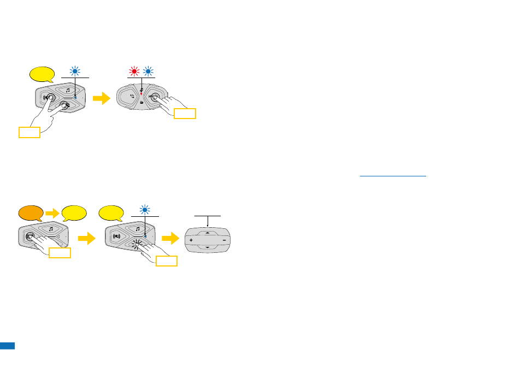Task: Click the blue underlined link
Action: [x=393, y=176]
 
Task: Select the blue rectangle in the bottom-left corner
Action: [x=7, y=346]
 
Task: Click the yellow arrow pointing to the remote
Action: [x=172, y=239]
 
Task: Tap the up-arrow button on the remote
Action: [x=208, y=232]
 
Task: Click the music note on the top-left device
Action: [x=68, y=90]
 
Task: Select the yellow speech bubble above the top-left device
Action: [x=42, y=74]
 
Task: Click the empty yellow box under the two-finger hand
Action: [x=29, y=132]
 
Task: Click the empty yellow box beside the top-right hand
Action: [x=185, y=114]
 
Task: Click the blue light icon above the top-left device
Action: [x=75, y=72]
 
